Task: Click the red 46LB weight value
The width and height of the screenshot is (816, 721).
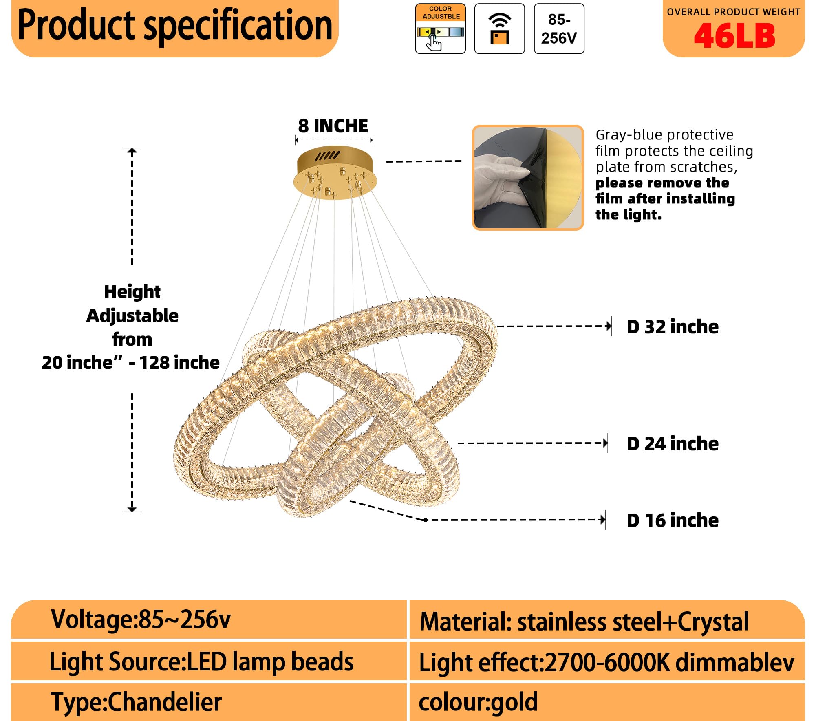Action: pos(734,36)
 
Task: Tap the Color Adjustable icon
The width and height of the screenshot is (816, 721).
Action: pos(441,29)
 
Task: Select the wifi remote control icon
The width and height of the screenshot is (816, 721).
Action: pos(500,29)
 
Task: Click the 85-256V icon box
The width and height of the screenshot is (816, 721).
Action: pos(559,29)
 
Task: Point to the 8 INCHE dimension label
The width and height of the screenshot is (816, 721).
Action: pos(333,126)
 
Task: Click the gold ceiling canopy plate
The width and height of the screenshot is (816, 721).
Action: pos(335,173)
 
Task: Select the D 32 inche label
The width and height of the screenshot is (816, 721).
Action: pos(673,327)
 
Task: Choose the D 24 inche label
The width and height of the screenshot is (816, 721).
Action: pos(673,444)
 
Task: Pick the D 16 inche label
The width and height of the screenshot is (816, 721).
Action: pos(673,520)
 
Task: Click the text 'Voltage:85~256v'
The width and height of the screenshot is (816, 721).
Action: pos(141,620)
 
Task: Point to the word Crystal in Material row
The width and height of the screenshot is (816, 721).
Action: pos(713,622)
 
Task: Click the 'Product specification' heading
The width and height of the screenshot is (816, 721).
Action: pos(175,25)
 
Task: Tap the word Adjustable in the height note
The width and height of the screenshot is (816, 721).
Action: pos(132,316)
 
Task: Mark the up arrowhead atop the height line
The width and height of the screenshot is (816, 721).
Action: pos(132,151)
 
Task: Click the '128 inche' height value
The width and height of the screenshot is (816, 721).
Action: pos(179,362)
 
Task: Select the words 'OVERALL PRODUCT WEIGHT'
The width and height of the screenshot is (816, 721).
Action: pos(734,12)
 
